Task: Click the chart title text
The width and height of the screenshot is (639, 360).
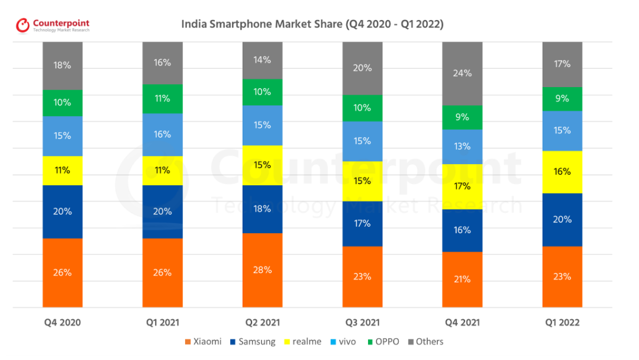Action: [x=312, y=24]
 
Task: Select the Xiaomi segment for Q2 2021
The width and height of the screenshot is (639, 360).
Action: [x=262, y=270]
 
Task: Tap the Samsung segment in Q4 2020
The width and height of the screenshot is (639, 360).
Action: [x=62, y=211]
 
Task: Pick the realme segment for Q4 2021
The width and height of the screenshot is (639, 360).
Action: [x=462, y=187]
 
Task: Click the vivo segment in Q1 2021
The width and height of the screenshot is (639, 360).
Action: [x=162, y=134]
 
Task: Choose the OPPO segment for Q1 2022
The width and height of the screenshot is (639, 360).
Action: [x=562, y=99]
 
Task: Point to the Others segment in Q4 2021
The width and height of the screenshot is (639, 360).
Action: [x=462, y=73]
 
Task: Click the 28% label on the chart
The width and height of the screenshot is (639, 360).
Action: [x=262, y=270]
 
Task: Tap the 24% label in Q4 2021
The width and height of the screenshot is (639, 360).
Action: [x=462, y=73]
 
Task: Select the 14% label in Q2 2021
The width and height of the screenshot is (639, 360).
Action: [x=262, y=60]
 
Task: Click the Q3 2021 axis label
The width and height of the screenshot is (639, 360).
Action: [x=362, y=323]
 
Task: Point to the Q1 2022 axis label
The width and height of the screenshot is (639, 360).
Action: [x=561, y=323]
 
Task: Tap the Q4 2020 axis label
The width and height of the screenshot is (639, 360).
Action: [x=62, y=323]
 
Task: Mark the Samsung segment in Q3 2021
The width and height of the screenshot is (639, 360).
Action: [x=362, y=223]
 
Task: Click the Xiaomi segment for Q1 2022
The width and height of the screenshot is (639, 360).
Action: [x=562, y=276]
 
